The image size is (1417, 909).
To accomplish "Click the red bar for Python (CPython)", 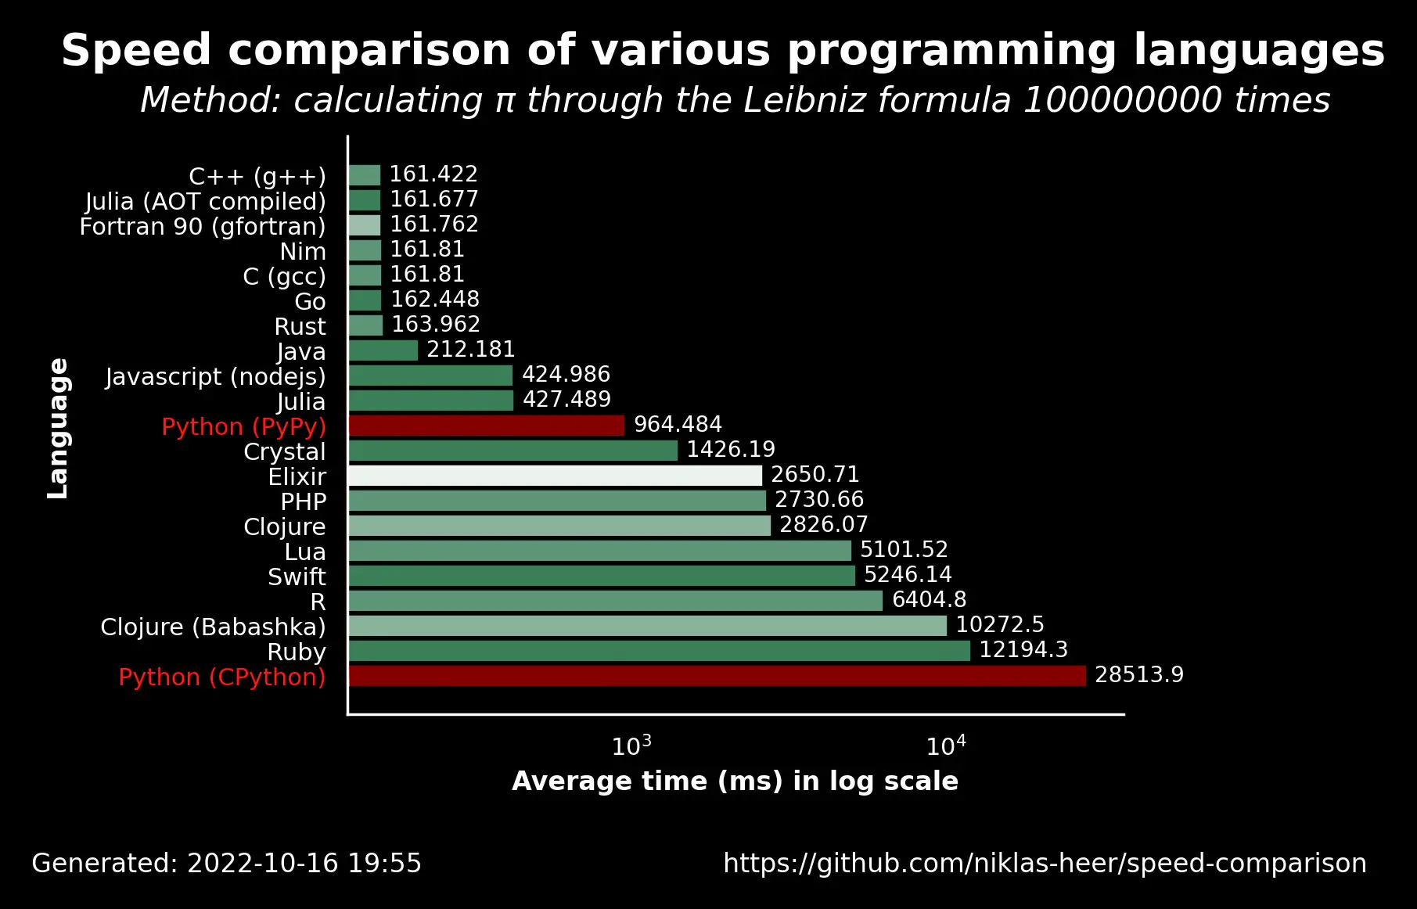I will pyautogui.click(x=717, y=676).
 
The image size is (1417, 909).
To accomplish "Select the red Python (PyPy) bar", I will pyautogui.click(x=486, y=426).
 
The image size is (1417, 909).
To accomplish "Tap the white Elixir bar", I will pyautogui.click(x=555, y=476).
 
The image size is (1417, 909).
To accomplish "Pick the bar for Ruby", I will pyautogui.click(x=659, y=651).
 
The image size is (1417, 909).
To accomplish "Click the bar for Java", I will pyautogui.click(x=383, y=350).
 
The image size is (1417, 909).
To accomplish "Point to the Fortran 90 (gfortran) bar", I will pyautogui.click(x=365, y=225).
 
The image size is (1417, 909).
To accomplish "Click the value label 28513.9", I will pyautogui.click(x=1138, y=675).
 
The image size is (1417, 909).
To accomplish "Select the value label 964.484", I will pyautogui.click(x=678, y=425).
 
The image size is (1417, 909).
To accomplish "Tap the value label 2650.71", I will pyautogui.click(x=815, y=475).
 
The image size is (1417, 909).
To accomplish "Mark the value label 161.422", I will pyautogui.click(x=433, y=174).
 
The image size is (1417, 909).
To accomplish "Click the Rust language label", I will pyautogui.click(x=300, y=326).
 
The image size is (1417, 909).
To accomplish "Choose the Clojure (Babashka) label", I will pyautogui.click(x=213, y=627).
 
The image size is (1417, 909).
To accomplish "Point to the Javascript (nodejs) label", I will pyautogui.click(x=215, y=376).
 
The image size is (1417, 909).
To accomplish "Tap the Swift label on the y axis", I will pyautogui.click(x=297, y=577).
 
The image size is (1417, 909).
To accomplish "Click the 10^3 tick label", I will pyautogui.click(x=631, y=746).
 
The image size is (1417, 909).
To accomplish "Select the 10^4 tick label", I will pyautogui.click(x=945, y=746).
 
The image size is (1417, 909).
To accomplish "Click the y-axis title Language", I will pyautogui.click(x=59, y=429).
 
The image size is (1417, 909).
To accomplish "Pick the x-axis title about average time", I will pyautogui.click(x=735, y=781).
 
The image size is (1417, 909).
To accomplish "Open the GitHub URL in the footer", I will pyautogui.click(x=1045, y=864).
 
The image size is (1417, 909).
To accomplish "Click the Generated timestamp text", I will pyautogui.click(x=226, y=864).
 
